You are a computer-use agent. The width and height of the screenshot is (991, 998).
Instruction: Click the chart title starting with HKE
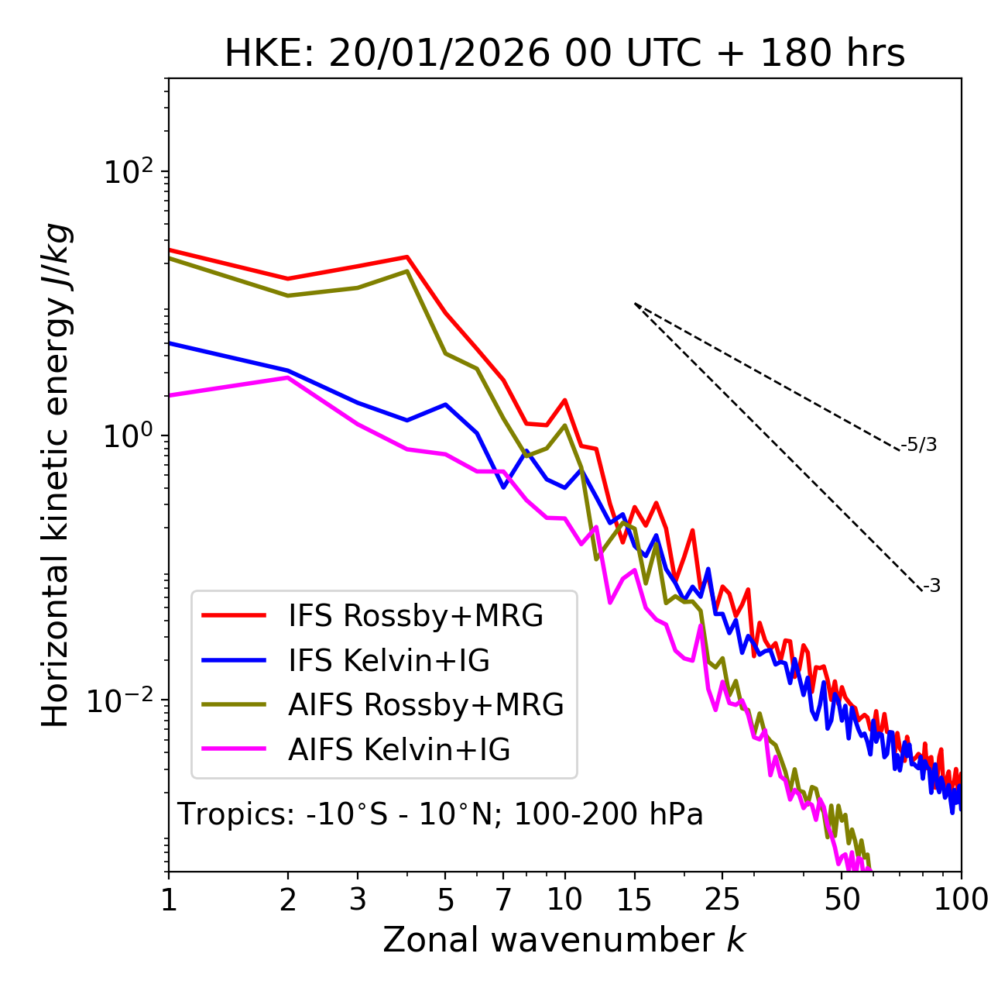click(564, 54)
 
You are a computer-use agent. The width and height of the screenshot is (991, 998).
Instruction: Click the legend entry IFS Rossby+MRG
click(416, 616)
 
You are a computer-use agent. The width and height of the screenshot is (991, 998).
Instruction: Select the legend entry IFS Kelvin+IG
click(389, 661)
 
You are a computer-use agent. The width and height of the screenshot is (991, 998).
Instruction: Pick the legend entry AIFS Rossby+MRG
click(426, 705)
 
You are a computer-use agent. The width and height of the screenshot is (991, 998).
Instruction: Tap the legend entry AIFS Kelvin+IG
click(399, 750)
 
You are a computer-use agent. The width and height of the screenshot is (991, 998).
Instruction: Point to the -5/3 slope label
click(919, 446)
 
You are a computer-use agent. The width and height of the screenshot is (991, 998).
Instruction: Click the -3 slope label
click(931, 587)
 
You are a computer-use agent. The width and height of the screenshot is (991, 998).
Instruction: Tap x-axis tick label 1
click(169, 900)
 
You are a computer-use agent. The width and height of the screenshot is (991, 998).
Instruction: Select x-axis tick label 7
click(503, 900)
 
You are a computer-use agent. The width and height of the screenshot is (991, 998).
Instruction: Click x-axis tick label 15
click(634, 900)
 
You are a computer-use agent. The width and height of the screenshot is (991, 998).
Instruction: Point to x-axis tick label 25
click(722, 900)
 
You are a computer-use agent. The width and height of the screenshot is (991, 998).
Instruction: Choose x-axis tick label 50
click(842, 900)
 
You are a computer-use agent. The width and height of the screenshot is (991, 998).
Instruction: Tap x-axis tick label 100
click(961, 900)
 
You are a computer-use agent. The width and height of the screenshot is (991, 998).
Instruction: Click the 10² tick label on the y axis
click(128, 172)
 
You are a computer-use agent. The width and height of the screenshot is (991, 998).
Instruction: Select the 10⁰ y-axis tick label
click(128, 436)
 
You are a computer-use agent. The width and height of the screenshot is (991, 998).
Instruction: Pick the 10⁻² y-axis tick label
click(124, 700)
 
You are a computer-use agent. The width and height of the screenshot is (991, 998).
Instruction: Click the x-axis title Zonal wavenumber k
click(564, 941)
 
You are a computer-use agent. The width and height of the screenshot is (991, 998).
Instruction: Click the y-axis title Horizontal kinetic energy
click(56, 476)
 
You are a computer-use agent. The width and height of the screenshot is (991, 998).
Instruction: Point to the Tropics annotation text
click(441, 814)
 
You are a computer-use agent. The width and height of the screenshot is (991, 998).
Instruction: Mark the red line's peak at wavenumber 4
click(406, 256)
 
